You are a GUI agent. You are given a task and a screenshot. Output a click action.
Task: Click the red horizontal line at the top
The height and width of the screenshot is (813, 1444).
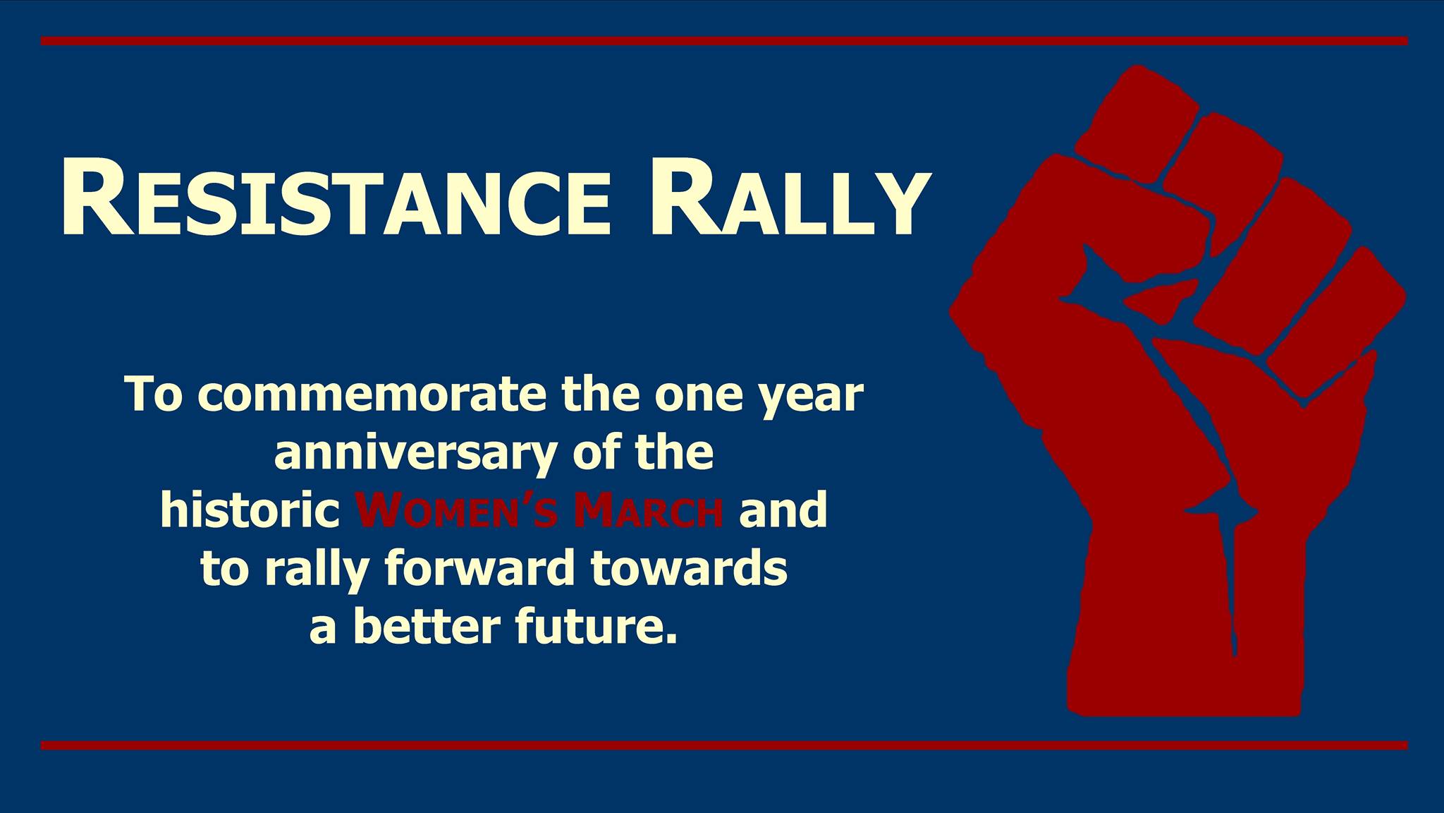[x=724, y=41]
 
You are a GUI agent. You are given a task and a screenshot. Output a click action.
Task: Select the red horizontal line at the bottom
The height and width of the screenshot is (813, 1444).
[x=724, y=745]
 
